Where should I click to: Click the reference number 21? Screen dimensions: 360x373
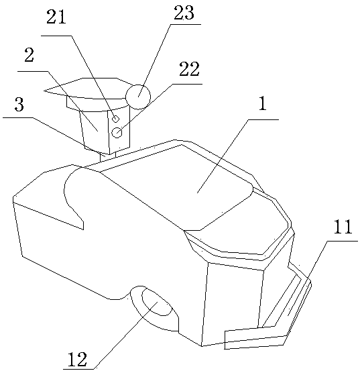pos(56,17)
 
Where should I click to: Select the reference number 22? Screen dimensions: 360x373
pos(189,69)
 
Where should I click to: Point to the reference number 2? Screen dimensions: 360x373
pos(29,55)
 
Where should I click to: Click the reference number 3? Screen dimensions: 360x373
pos(19,105)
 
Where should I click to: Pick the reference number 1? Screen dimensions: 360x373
pos(263,103)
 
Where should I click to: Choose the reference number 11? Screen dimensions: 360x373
pos(343,227)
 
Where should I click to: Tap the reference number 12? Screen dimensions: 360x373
pos(78,359)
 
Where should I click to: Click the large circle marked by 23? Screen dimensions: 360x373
pos(138,97)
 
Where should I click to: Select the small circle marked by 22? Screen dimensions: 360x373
pos(117,133)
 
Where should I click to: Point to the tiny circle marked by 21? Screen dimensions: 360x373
pos(115,119)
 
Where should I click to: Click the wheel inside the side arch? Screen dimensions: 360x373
pos(156,302)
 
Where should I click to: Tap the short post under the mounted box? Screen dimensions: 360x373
pos(108,157)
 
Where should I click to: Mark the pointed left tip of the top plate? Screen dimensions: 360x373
pos(44,91)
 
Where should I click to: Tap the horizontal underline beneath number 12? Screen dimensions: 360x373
pos(79,369)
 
